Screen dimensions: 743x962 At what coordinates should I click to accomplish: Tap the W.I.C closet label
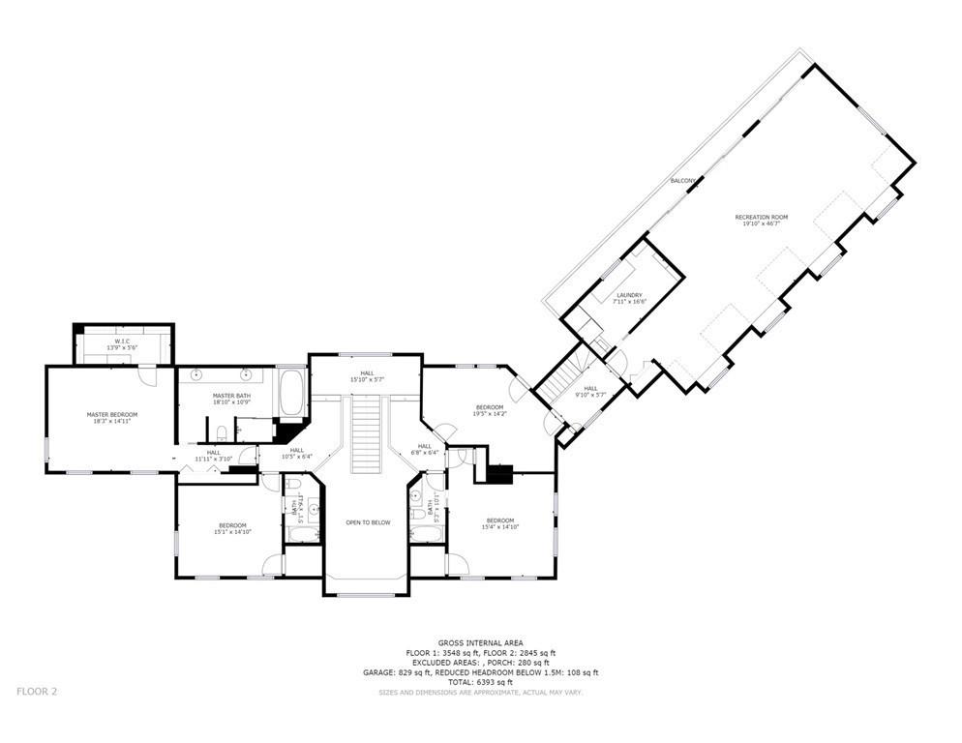(x=121, y=342)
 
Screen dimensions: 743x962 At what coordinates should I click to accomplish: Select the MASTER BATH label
(x=232, y=397)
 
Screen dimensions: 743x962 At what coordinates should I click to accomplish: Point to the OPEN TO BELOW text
(x=368, y=522)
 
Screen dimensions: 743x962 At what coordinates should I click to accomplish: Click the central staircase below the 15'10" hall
(x=365, y=435)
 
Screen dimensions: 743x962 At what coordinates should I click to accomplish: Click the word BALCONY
(x=683, y=181)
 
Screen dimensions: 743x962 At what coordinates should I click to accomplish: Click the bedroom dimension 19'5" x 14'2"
(x=490, y=413)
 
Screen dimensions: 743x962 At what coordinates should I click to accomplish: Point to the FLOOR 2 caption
(x=38, y=691)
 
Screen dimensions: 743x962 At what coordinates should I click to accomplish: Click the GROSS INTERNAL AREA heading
(x=480, y=642)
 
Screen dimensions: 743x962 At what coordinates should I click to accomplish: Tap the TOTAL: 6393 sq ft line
(x=480, y=682)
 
